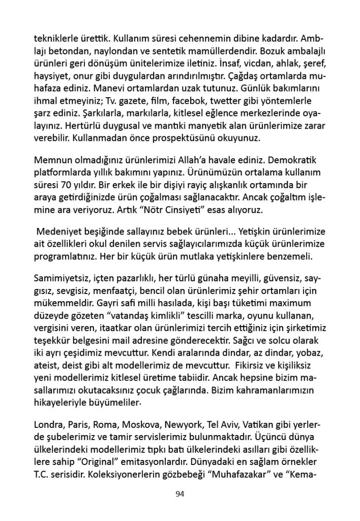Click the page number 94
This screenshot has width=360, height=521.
pos(179,493)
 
